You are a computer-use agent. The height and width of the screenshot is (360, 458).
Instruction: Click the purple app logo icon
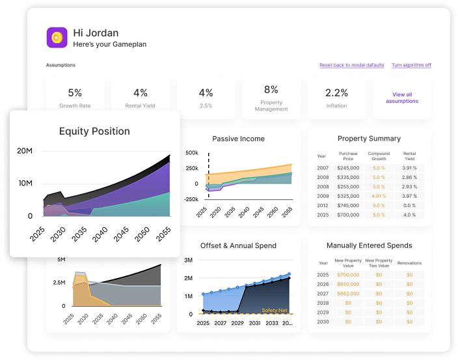57,37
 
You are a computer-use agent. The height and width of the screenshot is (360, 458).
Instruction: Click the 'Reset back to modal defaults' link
351,65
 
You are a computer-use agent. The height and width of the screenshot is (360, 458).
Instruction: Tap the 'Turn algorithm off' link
411,65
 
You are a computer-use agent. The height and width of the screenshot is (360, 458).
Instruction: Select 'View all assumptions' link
402,98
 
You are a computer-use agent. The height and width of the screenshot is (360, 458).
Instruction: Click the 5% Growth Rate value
75,93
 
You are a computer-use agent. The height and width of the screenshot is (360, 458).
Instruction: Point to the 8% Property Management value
271,90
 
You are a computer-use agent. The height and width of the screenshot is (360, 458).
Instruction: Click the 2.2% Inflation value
336,93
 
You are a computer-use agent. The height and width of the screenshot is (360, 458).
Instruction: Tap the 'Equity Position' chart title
94,132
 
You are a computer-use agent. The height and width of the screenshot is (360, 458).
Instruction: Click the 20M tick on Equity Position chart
25,151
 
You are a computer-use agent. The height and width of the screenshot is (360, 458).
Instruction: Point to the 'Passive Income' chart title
238,139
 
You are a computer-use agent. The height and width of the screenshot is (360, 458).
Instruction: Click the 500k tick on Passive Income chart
191,153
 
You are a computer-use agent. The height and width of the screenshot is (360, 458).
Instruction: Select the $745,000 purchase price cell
348,205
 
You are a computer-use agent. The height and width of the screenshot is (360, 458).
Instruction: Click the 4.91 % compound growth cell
379,195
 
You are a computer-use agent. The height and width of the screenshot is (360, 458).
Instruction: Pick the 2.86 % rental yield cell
409,177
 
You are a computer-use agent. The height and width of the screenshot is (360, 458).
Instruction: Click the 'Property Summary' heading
369,139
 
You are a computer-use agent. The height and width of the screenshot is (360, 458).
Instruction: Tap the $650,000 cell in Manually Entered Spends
348,284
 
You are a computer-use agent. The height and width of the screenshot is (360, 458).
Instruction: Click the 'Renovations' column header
409,263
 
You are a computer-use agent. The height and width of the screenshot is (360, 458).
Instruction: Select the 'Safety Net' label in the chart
274,311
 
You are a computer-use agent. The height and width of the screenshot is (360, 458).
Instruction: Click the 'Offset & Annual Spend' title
238,245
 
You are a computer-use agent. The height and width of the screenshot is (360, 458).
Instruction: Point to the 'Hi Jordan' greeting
96,33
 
